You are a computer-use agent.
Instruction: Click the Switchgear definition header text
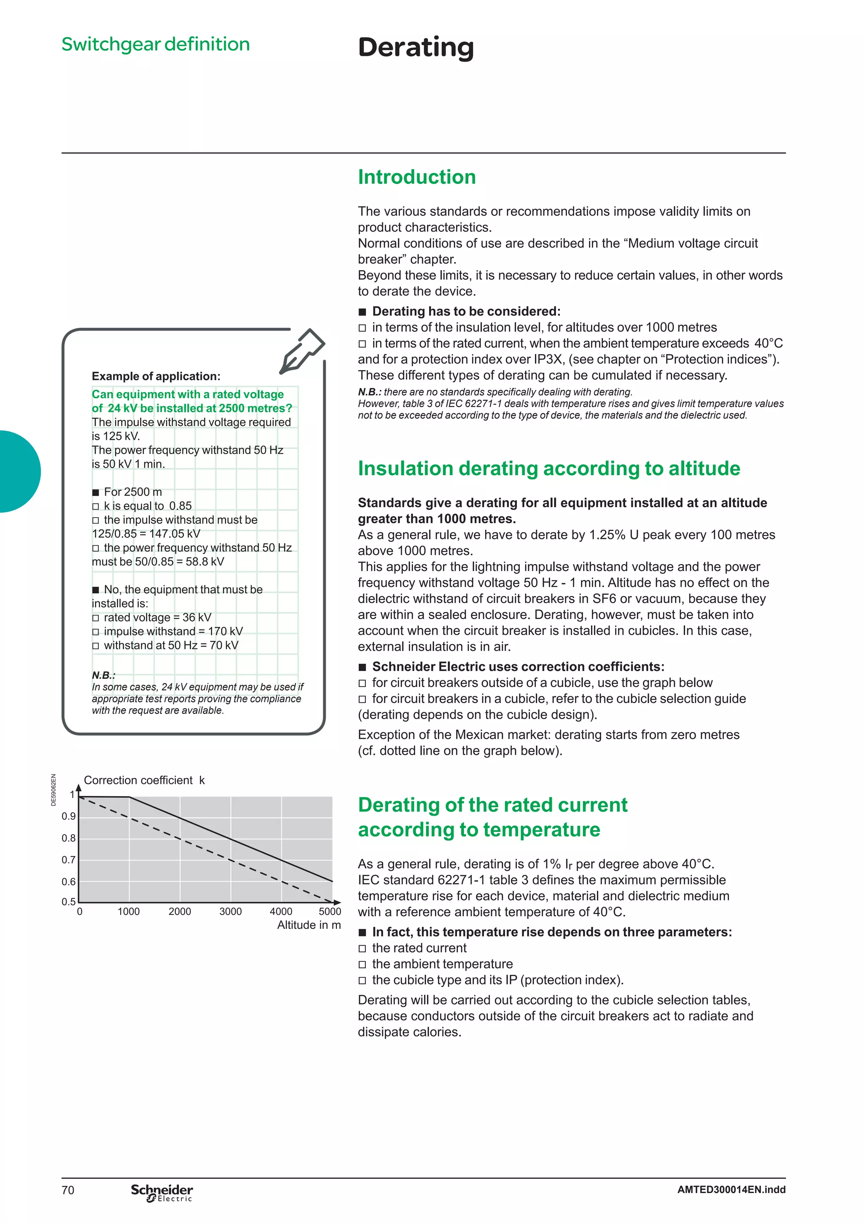click(155, 44)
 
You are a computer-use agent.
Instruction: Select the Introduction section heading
click(416, 177)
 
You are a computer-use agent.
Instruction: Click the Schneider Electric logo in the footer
click(162, 1193)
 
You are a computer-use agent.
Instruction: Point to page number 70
click(68, 1190)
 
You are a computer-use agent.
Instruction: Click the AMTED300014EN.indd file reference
click(731, 1189)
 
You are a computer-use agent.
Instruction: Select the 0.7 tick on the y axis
click(69, 860)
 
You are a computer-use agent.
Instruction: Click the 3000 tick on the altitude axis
click(230, 912)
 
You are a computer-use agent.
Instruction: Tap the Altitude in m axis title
click(309, 925)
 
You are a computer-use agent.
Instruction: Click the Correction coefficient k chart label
click(144, 780)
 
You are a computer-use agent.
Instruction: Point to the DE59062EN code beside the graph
click(53, 790)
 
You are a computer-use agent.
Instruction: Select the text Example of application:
click(156, 376)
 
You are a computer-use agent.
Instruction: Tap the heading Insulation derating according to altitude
click(548, 468)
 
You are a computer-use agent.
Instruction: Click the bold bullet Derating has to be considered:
click(466, 311)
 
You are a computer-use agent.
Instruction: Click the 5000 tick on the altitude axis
click(329, 912)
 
